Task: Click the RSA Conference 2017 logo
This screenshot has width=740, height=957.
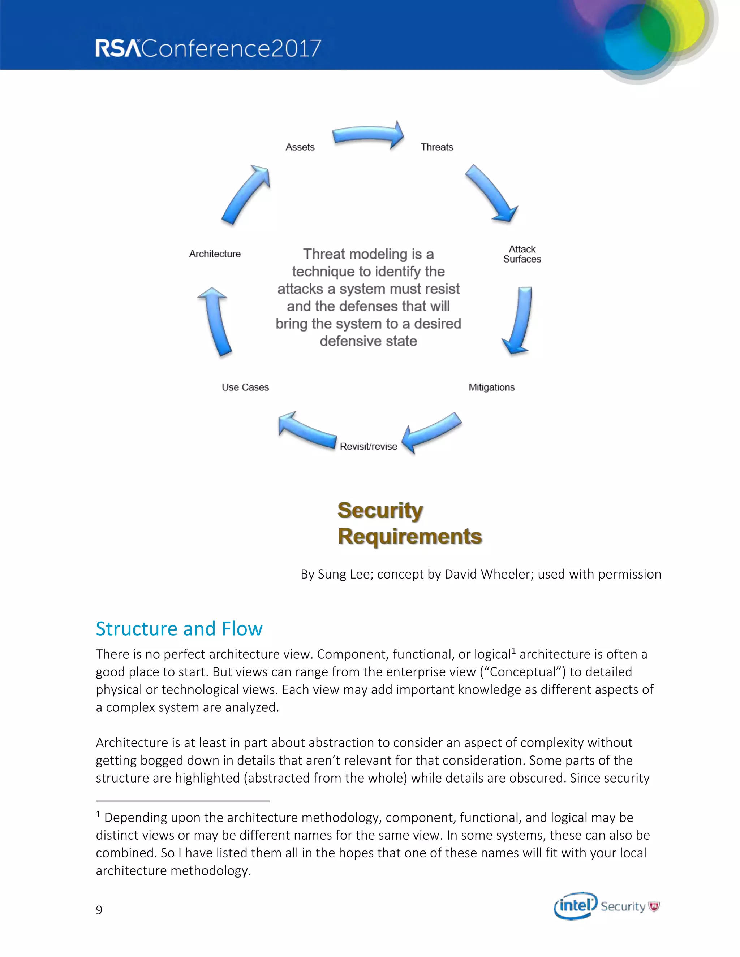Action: click(208, 48)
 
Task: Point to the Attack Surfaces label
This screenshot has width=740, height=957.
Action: click(522, 254)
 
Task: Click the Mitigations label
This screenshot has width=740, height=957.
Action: click(491, 387)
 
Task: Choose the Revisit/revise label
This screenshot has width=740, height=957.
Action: click(368, 446)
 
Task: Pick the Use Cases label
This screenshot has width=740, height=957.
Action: click(245, 387)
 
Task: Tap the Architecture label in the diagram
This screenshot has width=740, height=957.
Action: click(215, 254)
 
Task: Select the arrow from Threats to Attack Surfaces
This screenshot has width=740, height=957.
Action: click(491, 193)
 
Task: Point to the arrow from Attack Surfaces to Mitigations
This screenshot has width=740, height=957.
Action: click(519, 320)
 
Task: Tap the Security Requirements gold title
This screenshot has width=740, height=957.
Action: click(409, 523)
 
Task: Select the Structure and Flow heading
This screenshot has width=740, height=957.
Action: click(179, 629)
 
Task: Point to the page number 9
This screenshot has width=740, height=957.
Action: click(99, 910)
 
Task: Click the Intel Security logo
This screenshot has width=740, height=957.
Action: click(606, 906)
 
